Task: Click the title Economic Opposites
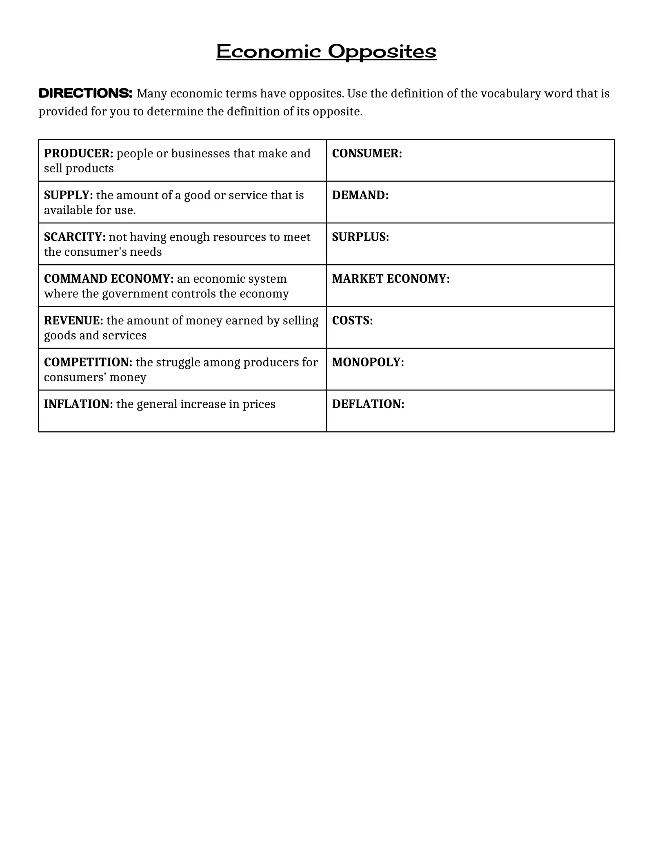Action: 326,52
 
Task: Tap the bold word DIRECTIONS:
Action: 85,94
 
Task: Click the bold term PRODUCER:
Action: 78,154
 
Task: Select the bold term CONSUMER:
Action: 367,154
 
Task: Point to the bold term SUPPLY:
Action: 68,195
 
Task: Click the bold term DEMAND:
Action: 360,195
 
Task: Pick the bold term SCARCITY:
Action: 75,237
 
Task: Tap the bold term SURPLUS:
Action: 360,237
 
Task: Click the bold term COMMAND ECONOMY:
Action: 109,279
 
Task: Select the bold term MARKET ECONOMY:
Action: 391,279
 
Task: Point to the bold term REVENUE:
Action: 73,321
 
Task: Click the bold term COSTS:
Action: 352,321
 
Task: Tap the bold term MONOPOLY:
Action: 368,362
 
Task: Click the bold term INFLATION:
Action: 78,404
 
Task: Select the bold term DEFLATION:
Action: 368,404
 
